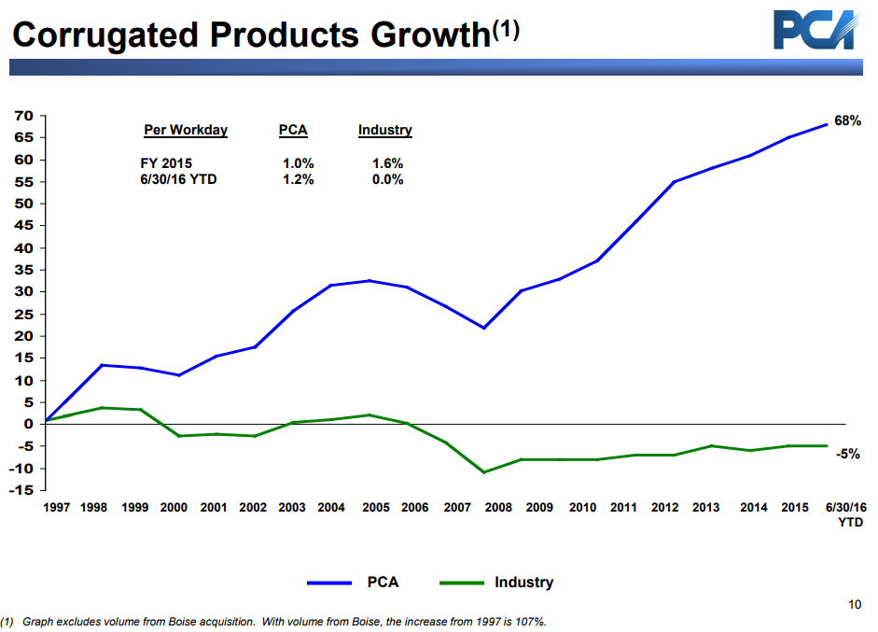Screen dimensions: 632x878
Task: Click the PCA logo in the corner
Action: pyautogui.click(x=814, y=30)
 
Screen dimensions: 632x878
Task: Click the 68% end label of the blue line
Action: pyautogui.click(x=846, y=121)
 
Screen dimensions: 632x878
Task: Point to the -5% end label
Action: pyautogui.click(x=846, y=454)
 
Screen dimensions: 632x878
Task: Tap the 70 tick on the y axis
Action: pyautogui.click(x=23, y=116)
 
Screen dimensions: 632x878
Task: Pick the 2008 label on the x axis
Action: pyautogui.click(x=498, y=508)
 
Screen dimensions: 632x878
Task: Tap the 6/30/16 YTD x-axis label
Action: pyautogui.click(x=846, y=514)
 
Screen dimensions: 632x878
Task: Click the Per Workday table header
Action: pyautogui.click(x=186, y=131)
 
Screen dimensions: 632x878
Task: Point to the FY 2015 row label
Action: pyautogui.click(x=166, y=163)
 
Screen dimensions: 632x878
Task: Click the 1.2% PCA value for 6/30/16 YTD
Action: pyautogui.click(x=298, y=179)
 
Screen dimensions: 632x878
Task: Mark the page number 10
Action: pyautogui.click(x=855, y=605)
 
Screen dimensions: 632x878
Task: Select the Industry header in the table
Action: pyautogui.click(x=384, y=131)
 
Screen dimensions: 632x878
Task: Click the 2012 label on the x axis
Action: pyautogui.click(x=664, y=508)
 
